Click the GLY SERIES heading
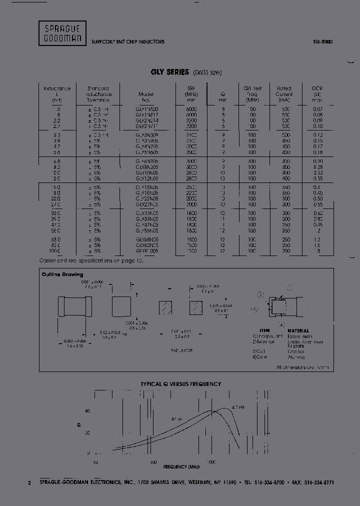click(x=169, y=72)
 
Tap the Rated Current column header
click(x=284, y=94)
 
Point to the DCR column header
click(x=317, y=94)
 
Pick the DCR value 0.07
click(x=317, y=109)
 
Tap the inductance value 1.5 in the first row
click(x=56, y=109)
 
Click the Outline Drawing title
click(x=62, y=274)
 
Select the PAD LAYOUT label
click(x=182, y=350)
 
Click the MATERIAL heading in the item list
click(x=298, y=330)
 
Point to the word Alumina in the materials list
click(x=296, y=357)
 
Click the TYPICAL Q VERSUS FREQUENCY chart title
click(x=180, y=384)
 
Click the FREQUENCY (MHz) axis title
click(x=181, y=466)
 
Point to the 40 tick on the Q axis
click(x=87, y=411)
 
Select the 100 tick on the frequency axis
click(x=153, y=462)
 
